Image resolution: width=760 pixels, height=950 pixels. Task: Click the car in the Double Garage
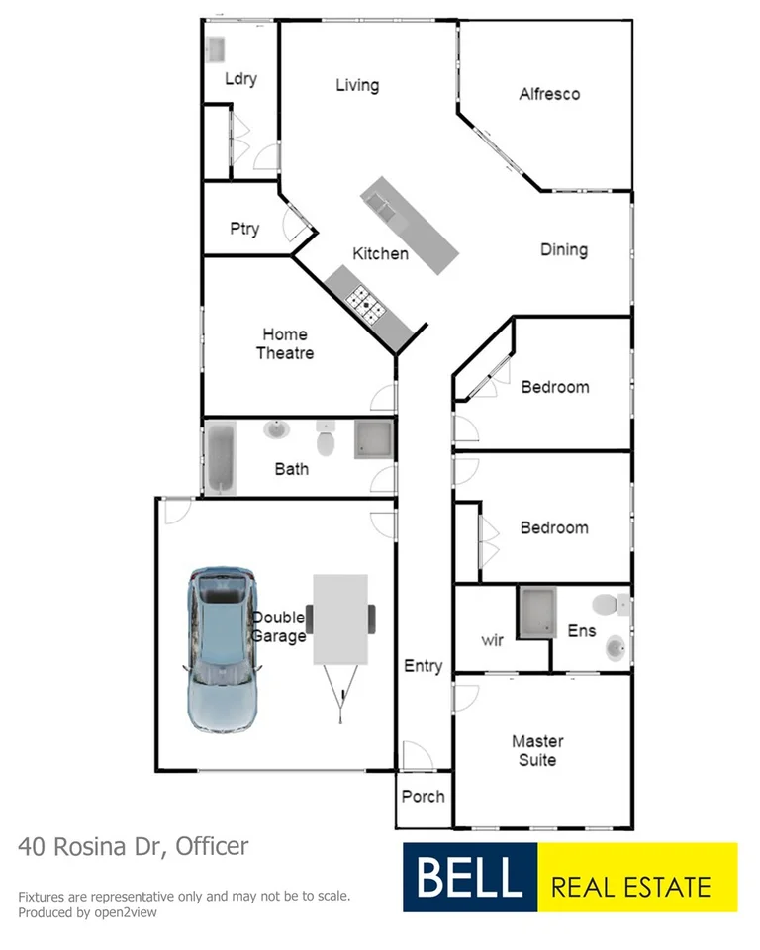coord(222,648)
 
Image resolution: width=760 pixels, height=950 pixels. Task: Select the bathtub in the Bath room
coord(221,457)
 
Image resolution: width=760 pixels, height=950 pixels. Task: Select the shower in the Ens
coord(537,611)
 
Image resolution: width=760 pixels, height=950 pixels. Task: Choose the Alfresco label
coord(549,94)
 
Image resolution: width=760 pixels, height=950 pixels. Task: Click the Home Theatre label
coord(285,343)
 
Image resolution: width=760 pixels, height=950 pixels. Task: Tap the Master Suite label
coord(537,750)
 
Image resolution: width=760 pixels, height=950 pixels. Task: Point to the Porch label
coord(424,796)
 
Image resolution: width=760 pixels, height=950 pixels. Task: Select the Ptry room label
coord(244,229)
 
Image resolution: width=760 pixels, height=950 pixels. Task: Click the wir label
coord(493,640)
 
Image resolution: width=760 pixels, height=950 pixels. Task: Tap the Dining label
coord(564,250)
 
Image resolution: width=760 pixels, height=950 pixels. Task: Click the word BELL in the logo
coord(468,878)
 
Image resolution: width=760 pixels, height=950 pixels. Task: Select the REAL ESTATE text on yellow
coord(630,885)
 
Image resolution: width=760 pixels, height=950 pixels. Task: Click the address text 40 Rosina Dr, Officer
coord(134,847)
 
